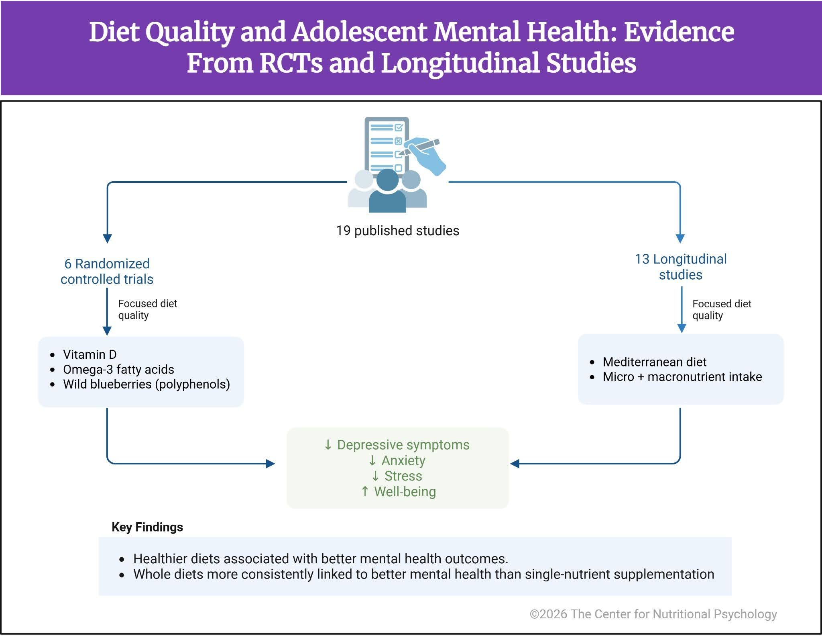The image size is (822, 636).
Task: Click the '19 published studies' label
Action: tap(397, 231)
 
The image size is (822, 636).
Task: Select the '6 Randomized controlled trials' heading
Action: tap(107, 271)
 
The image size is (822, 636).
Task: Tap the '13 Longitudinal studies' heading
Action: tap(681, 267)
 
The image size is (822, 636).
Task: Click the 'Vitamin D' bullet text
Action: tap(90, 354)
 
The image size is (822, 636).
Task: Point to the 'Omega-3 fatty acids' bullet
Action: tap(118, 369)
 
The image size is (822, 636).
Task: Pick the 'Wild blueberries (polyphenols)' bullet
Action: tap(146, 384)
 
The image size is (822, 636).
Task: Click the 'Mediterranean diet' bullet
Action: tap(654, 362)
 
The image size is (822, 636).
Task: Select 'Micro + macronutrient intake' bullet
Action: tap(682, 377)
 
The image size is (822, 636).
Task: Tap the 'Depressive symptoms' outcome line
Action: tap(403, 445)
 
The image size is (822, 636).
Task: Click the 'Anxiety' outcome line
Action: tap(403, 460)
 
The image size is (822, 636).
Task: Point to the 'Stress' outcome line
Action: tap(403, 476)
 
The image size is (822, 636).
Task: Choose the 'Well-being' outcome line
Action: tap(405, 491)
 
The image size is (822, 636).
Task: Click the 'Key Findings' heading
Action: tap(147, 527)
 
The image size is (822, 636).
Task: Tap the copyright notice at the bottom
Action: tap(653, 614)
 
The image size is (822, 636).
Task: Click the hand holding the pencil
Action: tap(427, 155)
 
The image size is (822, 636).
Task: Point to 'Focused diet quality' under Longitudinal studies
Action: tap(721, 309)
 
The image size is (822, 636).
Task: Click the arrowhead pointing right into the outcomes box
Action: tap(271, 464)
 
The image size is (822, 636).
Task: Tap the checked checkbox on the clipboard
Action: tap(399, 128)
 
